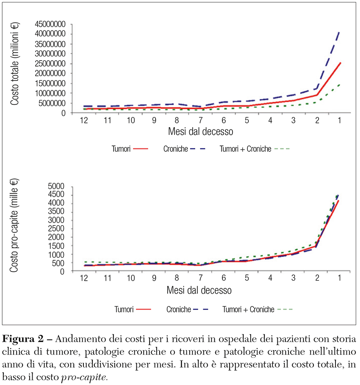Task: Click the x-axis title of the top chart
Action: pos(199,131)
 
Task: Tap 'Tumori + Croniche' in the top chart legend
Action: pos(254,150)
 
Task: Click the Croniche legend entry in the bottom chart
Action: pos(186,309)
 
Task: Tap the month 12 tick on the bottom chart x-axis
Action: pos(83,279)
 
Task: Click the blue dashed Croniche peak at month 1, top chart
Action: pos(340,31)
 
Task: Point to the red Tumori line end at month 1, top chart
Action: pos(340,63)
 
